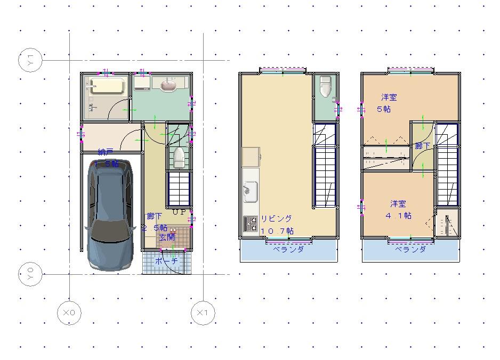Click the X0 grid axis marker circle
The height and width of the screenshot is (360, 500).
coord(69,313)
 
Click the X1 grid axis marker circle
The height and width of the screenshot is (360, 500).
coord(203,313)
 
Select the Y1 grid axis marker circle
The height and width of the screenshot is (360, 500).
coord(30,60)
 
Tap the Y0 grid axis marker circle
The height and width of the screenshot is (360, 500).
coord(30,274)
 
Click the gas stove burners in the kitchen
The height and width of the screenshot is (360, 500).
coord(250,223)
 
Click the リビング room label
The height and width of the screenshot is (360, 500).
coord(276,218)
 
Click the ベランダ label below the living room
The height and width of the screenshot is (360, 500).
coord(288,249)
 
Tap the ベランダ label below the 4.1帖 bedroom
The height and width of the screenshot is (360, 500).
coord(410,249)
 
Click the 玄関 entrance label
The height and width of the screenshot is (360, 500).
coord(167,237)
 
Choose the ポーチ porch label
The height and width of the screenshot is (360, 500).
coord(166,261)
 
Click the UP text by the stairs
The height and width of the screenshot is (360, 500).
coord(179,212)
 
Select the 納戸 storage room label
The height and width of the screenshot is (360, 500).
coord(106,152)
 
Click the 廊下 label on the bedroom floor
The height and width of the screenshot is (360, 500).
coord(422,146)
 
